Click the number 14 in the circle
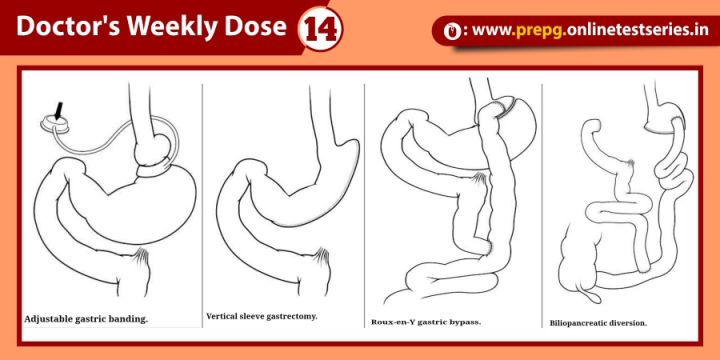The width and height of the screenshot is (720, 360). tap(320, 28)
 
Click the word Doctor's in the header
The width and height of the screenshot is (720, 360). tap(68, 26)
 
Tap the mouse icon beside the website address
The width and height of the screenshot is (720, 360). tap(452, 31)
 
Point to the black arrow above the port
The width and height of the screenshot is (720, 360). tap(59, 111)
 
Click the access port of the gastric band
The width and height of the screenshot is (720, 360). tap(55, 124)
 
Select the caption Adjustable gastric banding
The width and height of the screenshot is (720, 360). tap(86, 319)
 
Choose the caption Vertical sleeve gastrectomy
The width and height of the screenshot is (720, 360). tap(262, 316)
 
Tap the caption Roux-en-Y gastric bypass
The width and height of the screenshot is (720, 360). tap(426, 322)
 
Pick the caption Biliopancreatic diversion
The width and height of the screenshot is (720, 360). tap(598, 323)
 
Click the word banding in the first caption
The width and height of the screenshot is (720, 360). tap(130, 319)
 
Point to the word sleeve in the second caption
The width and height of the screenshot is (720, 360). tap(254, 316)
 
